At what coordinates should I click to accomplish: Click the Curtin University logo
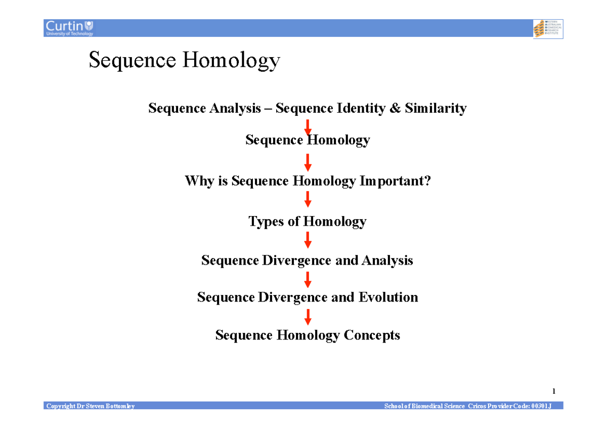69,28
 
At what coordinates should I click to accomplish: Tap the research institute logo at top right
548,29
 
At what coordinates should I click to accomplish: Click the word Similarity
436,108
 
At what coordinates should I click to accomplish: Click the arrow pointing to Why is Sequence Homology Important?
308,162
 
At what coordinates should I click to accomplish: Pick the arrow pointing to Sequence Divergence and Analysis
308,240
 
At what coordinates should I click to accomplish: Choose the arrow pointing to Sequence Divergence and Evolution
308,279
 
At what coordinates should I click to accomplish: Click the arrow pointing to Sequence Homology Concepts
308,317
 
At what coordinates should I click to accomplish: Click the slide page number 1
554,391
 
